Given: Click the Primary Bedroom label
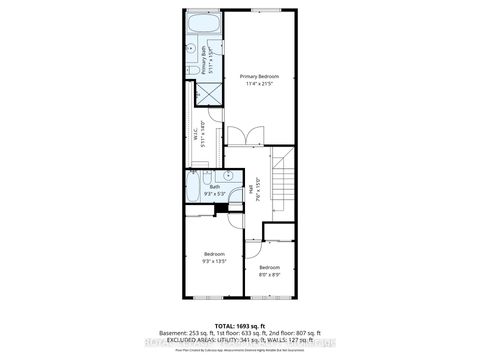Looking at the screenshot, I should click(x=259, y=76).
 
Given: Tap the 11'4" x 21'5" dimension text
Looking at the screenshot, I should click(x=259, y=85).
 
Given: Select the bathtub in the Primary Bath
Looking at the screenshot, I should click(x=204, y=24).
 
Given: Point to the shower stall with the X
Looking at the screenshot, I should click(x=207, y=94).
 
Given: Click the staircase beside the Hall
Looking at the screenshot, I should click(x=282, y=186).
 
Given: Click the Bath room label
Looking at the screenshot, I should click(x=214, y=186).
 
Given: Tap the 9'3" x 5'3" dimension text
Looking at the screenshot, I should click(x=214, y=194).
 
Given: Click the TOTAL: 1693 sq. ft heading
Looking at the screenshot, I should click(x=240, y=326).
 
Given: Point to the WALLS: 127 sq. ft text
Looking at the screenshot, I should click(x=296, y=340).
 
